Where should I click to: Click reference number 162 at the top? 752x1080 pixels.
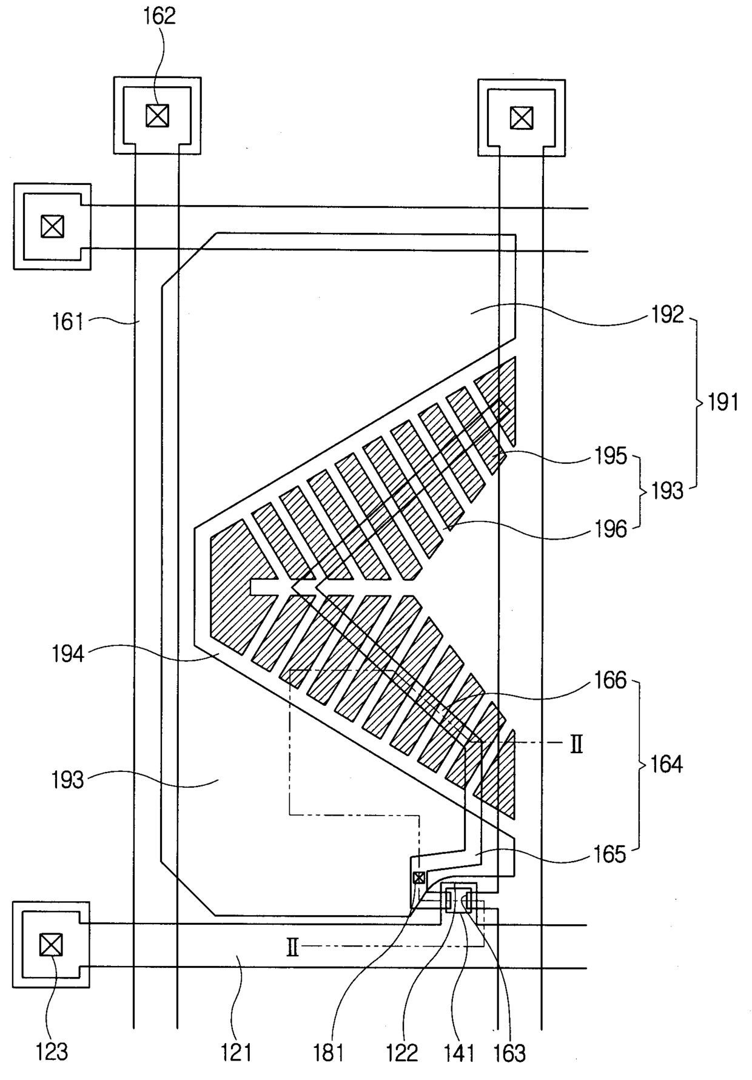[159, 16]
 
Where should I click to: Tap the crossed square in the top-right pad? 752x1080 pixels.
[521, 118]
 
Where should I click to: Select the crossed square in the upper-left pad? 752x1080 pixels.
[52, 227]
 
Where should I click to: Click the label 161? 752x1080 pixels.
[68, 321]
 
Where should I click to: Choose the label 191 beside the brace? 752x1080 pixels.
[723, 402]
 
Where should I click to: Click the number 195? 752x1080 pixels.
[610, 456]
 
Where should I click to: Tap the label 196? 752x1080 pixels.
[610, 529]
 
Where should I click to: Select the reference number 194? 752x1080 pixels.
[68, 655]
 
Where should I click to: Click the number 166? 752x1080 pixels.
[610, 680]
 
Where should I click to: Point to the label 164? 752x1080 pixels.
[666, 765]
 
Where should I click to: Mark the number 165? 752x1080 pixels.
[609, 854]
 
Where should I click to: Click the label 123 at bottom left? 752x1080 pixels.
[52, 1052]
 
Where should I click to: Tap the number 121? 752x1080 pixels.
[236, 1052]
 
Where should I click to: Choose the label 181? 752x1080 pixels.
[329, 1052]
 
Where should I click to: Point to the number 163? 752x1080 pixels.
[509, 1053]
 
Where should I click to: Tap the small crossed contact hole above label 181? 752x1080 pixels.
[418, 877]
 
